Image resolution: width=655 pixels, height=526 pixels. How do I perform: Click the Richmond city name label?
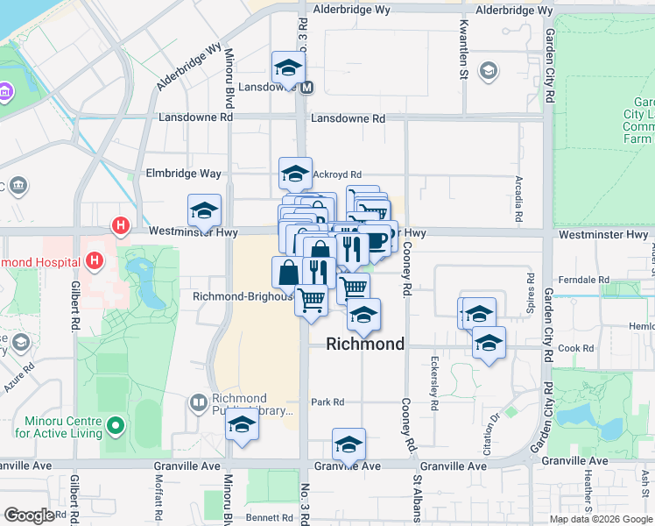pos(365,345)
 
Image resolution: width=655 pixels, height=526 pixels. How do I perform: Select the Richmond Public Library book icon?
pos(198,403)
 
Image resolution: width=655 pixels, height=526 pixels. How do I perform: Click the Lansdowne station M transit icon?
pos(307,87)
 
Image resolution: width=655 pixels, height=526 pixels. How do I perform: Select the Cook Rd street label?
pos(576,348)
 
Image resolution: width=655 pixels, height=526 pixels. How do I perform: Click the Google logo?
pos(29,515)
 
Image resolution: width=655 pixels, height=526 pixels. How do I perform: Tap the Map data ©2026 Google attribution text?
pos(600,519)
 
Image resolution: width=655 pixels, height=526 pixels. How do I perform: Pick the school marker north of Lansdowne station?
pos(287,66)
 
